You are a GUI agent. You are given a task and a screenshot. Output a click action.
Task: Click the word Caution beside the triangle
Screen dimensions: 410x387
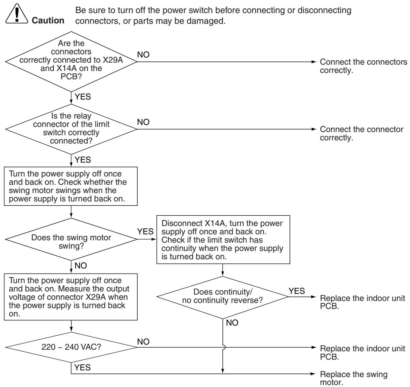point(48,20)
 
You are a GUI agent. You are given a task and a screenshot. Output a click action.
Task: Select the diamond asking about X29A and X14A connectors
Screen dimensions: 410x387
point(71,62)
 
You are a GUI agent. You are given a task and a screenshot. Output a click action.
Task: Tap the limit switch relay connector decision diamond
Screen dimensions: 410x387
point(71,129)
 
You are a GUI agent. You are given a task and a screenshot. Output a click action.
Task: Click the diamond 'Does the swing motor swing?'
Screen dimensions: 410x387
point(71,239)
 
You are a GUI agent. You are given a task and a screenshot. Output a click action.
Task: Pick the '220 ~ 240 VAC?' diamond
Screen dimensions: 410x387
point(71,347)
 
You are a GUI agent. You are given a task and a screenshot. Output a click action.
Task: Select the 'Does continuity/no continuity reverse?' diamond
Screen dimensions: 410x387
point(222,297)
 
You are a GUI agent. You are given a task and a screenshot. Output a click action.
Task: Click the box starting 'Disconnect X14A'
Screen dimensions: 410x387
point(223,239)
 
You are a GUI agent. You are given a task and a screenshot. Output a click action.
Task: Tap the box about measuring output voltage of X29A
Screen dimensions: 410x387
point(71,297)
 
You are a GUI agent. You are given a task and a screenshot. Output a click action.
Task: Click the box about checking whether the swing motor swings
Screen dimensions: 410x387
point(71,186)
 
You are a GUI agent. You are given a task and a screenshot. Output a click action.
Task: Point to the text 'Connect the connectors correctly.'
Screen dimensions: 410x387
point(364,66)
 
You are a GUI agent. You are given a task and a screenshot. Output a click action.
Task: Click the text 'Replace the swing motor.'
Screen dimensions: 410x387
point(354,378)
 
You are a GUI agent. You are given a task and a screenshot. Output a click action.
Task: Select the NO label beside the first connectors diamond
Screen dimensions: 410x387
point(143,55)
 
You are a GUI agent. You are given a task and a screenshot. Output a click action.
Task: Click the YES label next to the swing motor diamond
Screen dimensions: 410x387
point(146,232)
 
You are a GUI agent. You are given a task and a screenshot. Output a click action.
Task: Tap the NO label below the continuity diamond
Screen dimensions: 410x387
point(232,323)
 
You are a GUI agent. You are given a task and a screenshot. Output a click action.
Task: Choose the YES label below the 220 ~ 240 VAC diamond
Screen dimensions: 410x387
point(82,368)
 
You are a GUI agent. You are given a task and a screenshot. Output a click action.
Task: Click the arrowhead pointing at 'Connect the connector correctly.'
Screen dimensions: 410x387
point(314,129)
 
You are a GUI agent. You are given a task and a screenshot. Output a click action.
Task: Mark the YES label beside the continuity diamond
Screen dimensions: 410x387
point(297,291)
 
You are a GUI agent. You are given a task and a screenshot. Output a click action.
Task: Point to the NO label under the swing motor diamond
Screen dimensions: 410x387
point(80,265)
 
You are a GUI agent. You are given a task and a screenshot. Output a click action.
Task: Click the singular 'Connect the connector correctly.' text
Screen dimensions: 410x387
point(362,133)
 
